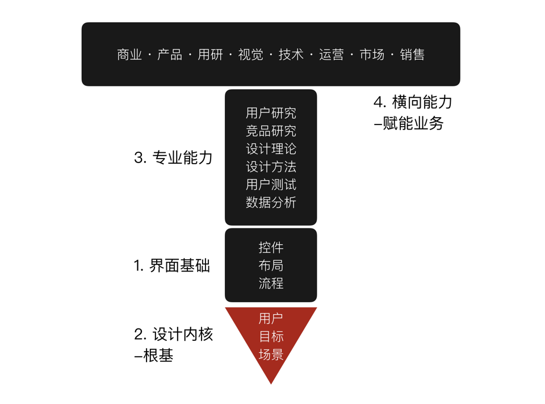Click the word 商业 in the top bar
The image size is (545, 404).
click(x=129, y=55)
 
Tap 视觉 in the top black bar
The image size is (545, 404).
click(x=250, y=55)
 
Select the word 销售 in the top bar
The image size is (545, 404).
click(x=412, y=55)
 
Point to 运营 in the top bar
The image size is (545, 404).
click(x=332, y=55)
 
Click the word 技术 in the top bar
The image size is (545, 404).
click(x=291, y=55)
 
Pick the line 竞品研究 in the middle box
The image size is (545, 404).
click(x=271, y=131)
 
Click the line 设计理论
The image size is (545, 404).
click(x=271, y=149)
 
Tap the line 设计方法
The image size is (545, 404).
click(x=271, y=166)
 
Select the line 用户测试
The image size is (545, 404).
click(x=271, y=185)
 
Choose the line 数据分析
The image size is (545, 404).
click(x=271, y=202)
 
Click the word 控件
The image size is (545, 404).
click(x=271, y=248)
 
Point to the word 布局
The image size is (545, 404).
click(x=271, y=265)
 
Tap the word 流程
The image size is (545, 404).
click(x=271, y=283)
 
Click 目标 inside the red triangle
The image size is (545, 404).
click(x=271, y=336)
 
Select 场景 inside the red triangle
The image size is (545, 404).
click(x=271, y=355)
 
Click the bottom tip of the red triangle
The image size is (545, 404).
click(x=271, y=384)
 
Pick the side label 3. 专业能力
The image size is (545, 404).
click(x=173, y=157)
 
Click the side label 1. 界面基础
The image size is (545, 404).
click(x=172, y=265)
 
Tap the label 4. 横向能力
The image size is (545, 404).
click(x=413, y=102)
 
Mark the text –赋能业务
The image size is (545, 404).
click(x=409, y=123)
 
